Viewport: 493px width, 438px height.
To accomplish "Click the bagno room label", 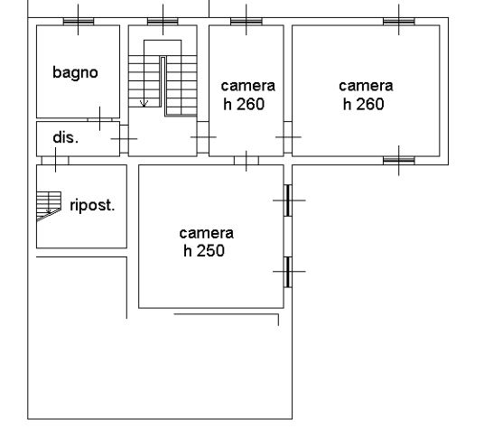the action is (75, 73).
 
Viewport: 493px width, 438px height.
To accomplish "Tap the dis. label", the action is (65, 137).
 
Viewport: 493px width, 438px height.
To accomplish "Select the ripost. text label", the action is (92, 205).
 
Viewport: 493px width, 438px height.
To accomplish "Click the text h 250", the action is (204, 250).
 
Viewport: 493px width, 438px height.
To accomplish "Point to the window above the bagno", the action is (79, 22).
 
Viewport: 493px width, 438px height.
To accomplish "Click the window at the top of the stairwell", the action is (163, 22).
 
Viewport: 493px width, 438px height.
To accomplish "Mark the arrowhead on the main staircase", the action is (144, 103).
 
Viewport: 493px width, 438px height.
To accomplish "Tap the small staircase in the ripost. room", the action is (49, 206).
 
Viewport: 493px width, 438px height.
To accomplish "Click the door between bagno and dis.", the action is (99, 120).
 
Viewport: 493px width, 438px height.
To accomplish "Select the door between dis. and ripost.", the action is (55, 161).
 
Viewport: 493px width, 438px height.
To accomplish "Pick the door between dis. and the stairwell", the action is (125, 139).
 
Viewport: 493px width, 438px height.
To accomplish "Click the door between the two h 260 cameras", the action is (288, 137).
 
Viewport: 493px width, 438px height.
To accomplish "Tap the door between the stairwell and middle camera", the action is (203, 137).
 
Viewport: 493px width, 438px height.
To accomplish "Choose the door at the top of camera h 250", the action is (246, 161).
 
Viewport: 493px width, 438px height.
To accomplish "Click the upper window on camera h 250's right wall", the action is (288, 200).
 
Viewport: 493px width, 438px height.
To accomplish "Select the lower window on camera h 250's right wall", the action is (288, 272).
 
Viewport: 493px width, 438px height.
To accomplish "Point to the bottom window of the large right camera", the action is (399, 161).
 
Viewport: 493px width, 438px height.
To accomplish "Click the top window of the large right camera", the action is (399, 22).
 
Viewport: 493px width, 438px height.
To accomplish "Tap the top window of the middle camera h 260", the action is (246, 22).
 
